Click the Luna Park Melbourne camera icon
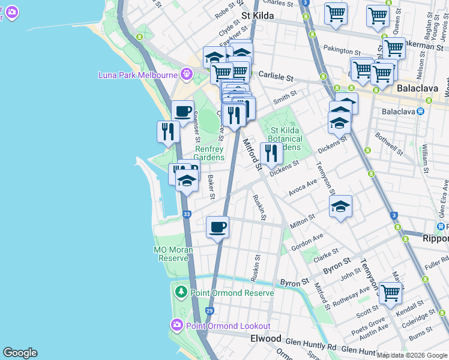[187, 74]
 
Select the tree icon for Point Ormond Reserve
[181, 292]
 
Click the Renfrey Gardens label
[209, 154]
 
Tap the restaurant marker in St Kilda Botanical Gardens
[272, 153]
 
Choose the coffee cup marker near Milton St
[217, 227]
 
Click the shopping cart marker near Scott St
[390, 293]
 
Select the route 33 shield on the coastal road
[187, 214]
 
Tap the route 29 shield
[209, 311]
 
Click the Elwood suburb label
[265, 338]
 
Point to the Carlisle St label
[276, 77]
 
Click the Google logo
[20, 353]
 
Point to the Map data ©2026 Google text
[412, 355]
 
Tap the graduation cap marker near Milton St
[340, 207]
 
